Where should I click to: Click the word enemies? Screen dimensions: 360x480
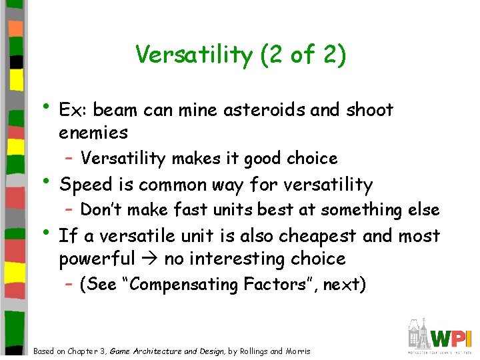(x=93, y=133)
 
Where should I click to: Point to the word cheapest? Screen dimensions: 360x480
(x=331, y=236)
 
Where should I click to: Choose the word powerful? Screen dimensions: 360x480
(x=96, y=259)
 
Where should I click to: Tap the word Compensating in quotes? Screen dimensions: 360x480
(x=179, y=285)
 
